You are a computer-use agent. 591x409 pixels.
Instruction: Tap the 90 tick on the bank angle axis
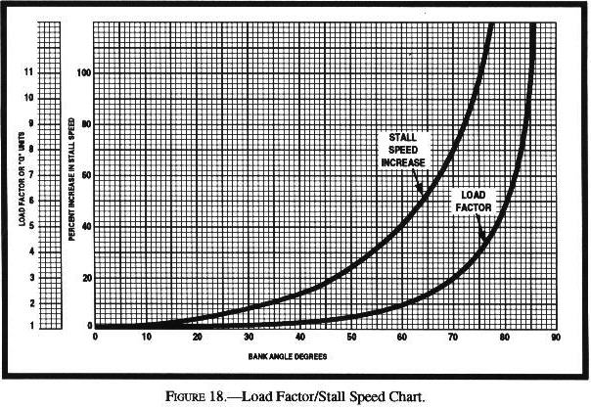pyautogui.click(x=555, y=337)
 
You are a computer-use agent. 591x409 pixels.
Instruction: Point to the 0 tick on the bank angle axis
pyautogui.click(x=95, y=337)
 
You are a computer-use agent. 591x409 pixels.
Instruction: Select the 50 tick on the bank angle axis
pyautogui.click(x=350, y=337)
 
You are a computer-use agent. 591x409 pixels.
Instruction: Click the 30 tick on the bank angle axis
pyautogui.click(x=249, y=337)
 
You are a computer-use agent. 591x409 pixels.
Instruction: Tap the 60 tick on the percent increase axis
pyautogui.click(x=84, y=175)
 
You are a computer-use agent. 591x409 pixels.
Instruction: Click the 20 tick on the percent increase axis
pyautogui.click(x=84, y=277)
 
